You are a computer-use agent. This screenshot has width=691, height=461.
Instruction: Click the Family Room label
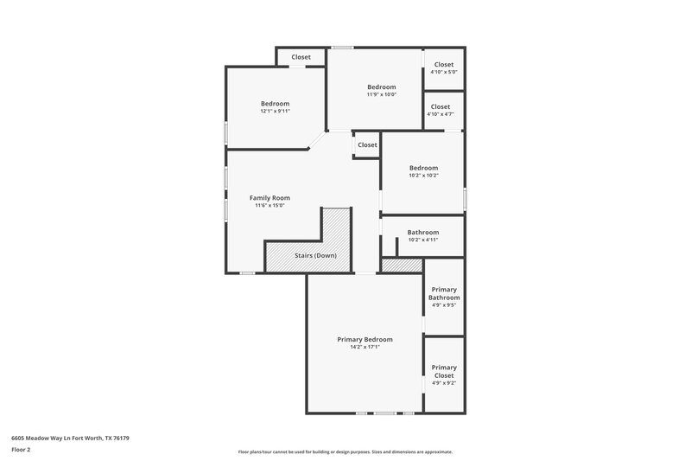coord(269,197)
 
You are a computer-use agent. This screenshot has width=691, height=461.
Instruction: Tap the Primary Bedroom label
coord(365,339)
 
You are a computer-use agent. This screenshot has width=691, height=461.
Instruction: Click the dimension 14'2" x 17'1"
coord(365,347)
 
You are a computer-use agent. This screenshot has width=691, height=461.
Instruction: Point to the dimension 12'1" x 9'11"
coord(276,111)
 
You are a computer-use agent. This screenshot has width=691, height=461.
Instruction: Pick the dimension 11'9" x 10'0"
coord(381,94)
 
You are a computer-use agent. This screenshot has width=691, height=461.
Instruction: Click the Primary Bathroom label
coord(444,293)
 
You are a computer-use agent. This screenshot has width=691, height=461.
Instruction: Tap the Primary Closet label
coord(444,371)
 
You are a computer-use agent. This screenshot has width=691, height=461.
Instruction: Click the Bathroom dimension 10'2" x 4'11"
coord(423,240)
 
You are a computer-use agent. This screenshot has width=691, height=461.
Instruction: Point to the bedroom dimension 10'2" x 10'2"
coord(423,176)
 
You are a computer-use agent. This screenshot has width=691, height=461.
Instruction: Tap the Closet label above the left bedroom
coord(301,57)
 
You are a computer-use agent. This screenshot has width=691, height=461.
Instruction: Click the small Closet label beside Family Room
coord(367,144)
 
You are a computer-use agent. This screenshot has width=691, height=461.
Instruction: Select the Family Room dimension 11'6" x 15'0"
coord(269,205)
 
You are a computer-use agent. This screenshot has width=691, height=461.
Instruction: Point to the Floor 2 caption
coord(21,450)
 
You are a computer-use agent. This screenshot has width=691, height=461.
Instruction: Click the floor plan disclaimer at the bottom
coord(345,451)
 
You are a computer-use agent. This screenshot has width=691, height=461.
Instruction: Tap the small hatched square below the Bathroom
coord(401,266)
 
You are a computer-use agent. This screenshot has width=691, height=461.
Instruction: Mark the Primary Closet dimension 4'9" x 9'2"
coord(444,383)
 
